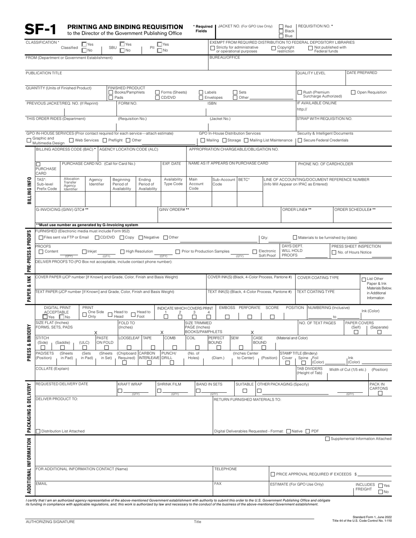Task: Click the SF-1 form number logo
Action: (41, 29)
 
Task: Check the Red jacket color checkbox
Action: (281, 26)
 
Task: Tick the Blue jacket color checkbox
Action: (281, 36)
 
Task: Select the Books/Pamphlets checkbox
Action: (111, 92)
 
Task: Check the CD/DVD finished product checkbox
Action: (158, 98)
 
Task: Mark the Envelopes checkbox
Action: (201, 98)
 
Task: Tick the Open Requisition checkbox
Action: (353, 92)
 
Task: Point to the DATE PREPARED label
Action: (361, 73)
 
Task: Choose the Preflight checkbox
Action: (105, 140)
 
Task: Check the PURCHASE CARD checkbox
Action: (38, 164)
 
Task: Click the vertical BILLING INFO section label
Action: (29, 190)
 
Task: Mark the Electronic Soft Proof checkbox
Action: (255, 252)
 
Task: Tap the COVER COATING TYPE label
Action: (318, 278)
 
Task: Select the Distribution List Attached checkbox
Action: (38, 431)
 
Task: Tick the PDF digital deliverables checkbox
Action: (307, 431)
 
